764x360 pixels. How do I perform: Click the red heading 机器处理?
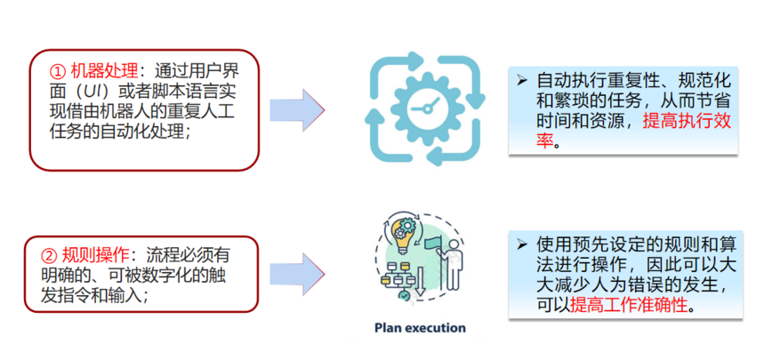coord(105,72)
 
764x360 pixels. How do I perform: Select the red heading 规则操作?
coord(95,255)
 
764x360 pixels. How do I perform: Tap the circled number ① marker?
coord(58,72)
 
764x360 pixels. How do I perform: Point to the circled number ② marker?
coord(48,255)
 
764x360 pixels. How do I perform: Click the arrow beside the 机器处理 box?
coord(297,110)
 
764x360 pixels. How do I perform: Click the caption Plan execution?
coord(420,327)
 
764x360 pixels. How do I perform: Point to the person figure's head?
coord(453,244)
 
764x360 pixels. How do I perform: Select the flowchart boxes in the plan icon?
coord(396,276)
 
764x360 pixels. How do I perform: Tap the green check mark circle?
coord(404,295)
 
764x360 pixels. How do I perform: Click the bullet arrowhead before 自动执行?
coord(522,81)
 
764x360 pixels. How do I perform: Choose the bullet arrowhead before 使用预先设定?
coord(522,244)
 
